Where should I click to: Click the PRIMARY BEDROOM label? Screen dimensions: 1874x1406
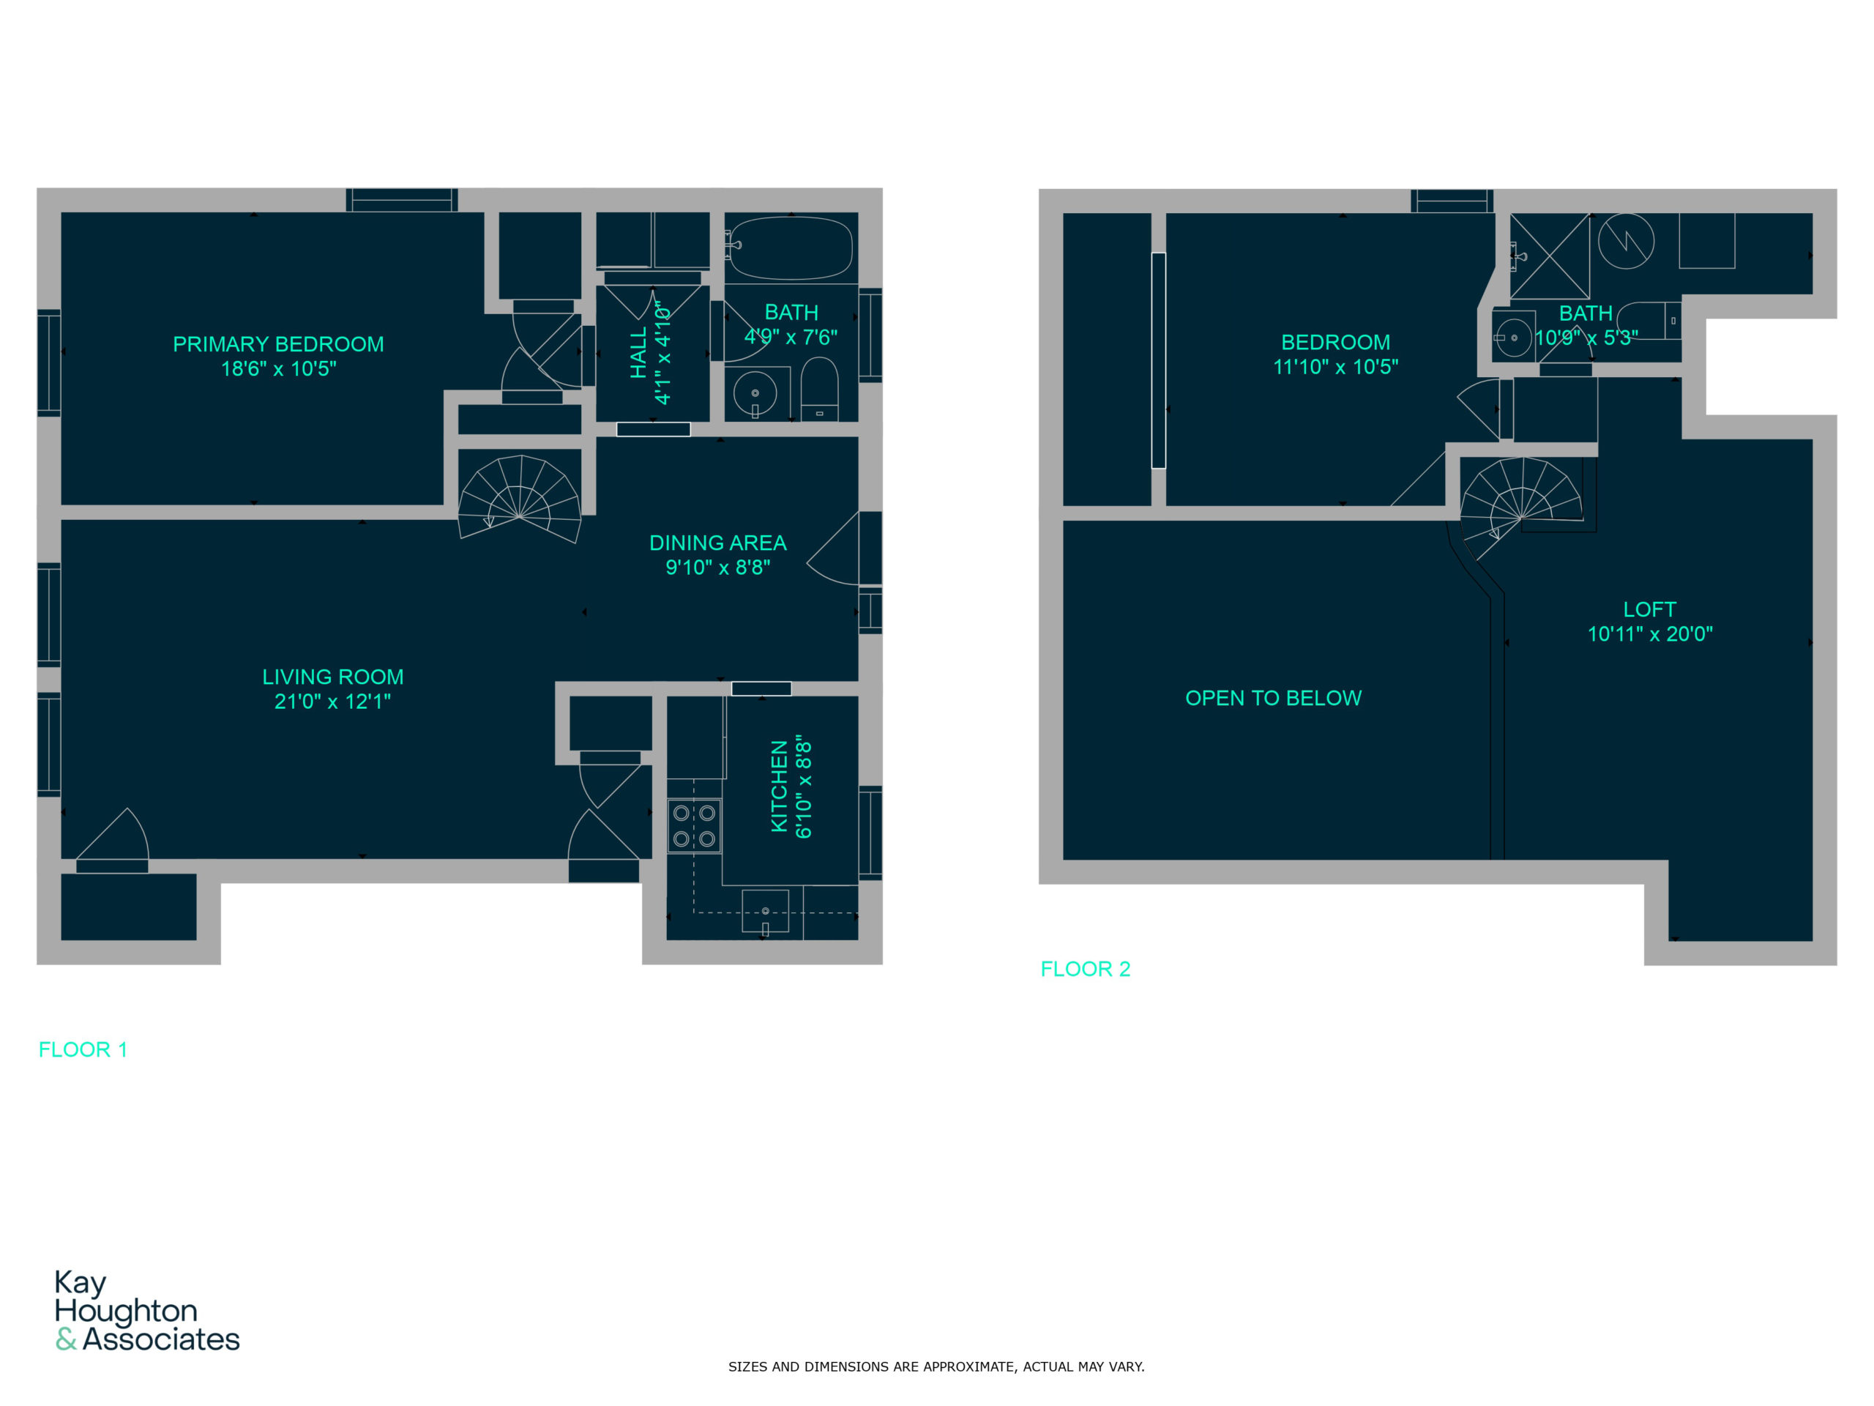(278, 344)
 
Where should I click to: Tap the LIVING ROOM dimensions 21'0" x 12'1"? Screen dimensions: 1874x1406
(332, 702)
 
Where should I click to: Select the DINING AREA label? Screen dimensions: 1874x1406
(717, 543)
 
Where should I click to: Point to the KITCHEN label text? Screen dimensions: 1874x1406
(780, 786)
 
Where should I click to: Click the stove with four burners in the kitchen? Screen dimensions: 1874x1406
(694, 826)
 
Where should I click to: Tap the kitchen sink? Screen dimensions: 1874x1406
(765, 911)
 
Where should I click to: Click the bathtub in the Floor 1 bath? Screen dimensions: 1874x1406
(791, 249)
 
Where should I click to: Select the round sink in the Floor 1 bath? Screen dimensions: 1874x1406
(754, 393)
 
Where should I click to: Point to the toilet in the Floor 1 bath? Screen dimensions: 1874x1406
(819, 389)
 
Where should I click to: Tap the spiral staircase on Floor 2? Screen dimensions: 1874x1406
(1520, 508)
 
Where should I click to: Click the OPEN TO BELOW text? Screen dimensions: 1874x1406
(1273, 699)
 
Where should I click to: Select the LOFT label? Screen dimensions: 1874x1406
(1649, 610)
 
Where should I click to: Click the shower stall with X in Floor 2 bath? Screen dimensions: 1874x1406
(1550, 256)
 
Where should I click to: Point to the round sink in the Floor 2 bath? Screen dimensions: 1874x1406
(1513, 338)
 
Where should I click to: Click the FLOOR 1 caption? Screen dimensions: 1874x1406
(83, 1050)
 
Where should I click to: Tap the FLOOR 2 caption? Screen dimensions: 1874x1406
(1086, 970)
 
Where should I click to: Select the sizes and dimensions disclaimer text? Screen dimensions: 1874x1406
(936, 1367)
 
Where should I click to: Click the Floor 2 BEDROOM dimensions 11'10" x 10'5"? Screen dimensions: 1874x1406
(1335, 367)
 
